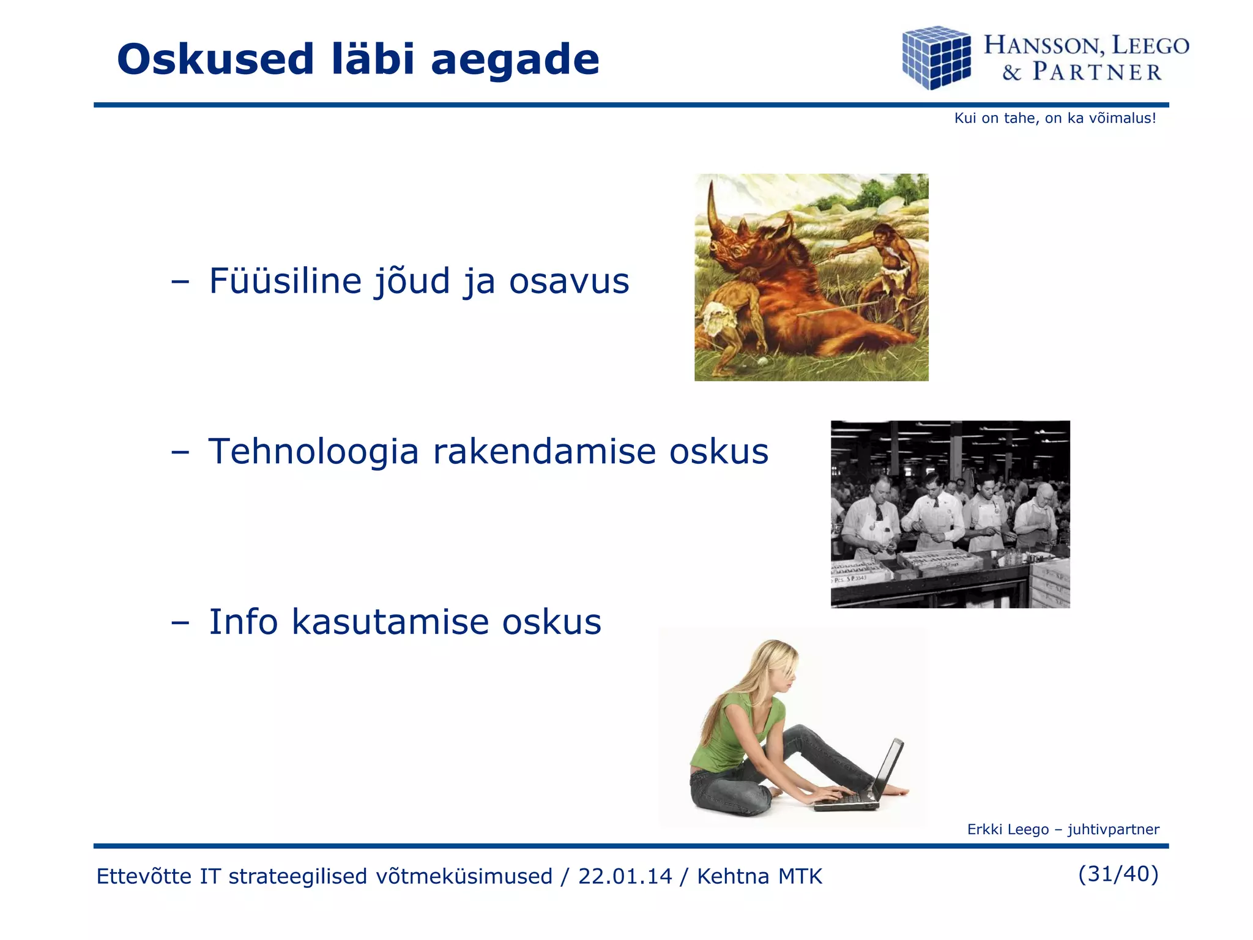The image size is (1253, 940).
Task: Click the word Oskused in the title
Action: [x=215, y=60]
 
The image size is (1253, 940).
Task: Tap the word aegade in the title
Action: [x=515, y=60]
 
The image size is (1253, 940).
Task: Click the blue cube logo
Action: [x=936, y=58]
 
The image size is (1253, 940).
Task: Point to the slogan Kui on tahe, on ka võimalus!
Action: [x=1055, y=118]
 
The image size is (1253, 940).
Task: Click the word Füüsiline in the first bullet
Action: [x=286, y=281]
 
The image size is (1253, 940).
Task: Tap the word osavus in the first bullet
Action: [x=569, y=281]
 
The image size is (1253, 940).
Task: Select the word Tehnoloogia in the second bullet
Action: [x=313, y=452]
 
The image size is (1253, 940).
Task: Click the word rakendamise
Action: [x=543, y=452]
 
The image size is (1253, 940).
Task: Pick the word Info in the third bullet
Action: [x=244, y=622]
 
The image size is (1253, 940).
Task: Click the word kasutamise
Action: [x=390, y=622]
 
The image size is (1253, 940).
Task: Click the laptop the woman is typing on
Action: [x=869, y=783]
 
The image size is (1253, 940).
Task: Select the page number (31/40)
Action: [x=1118, y=874]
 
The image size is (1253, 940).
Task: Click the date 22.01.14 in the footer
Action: [x=625, y=876]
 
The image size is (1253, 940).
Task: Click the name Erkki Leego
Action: [x=1008, y=829]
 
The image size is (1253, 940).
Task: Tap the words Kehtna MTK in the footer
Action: [x=759, y=876]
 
